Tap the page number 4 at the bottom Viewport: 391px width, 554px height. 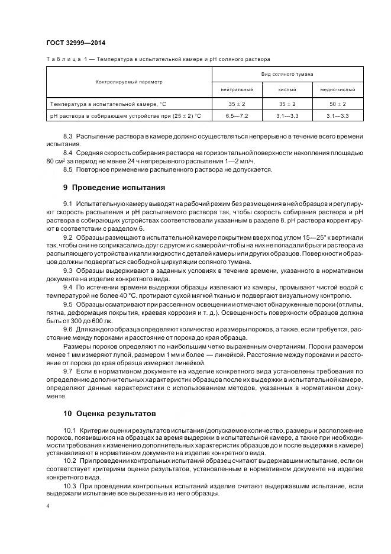click(x=48, y=507)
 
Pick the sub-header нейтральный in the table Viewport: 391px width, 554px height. click(x=237, y=89)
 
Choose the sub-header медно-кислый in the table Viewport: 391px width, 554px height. click(x=338, y=89)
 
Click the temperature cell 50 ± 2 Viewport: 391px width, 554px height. click(x=338, y=104)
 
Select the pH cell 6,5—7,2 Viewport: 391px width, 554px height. click(x=237, y=115)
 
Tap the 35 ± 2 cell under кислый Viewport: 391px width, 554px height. click(x=287, y=104)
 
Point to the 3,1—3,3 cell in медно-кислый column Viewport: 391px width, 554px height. click(x=338, y=115)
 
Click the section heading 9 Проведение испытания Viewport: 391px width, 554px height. click(x=114, y=188)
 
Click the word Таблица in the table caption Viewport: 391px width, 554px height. click(x=61, y=59)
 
